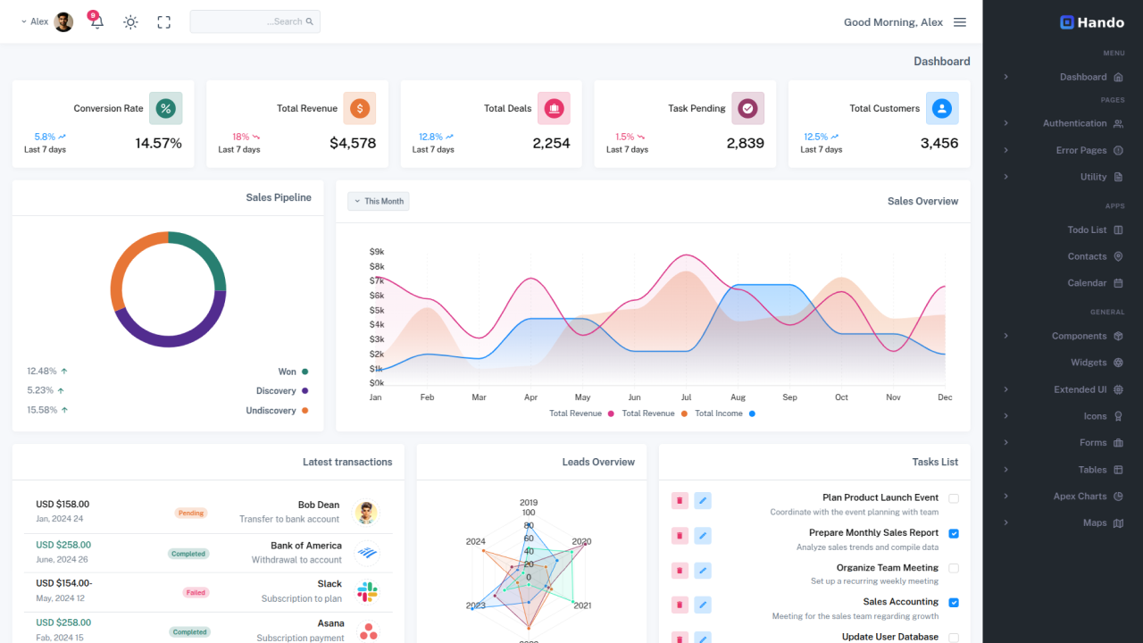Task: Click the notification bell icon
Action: tap(96, 22)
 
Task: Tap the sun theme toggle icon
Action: tap(130, 22)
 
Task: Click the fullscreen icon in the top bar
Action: tap(163, 22)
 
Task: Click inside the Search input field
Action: tap(254, 21)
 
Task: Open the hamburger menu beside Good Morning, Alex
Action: tap(960, 22)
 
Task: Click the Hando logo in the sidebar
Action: tap(1091, 22)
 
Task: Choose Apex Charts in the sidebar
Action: tap(1080, 497)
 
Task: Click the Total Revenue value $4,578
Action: tap(353, 143)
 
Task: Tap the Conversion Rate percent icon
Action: tap(165, 108)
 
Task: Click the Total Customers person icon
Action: tap(941, 108)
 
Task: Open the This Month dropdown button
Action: tap(379, 201)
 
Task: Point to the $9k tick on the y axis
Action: tap(377, 252)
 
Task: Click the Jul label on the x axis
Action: tap(686, 397)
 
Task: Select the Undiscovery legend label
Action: tap(271, 411)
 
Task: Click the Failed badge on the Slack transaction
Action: tap(196, 592)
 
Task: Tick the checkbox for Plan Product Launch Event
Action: tap(954, 498)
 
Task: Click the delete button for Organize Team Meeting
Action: tap(680, 570)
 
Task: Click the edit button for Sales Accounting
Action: tap(703, 604)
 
